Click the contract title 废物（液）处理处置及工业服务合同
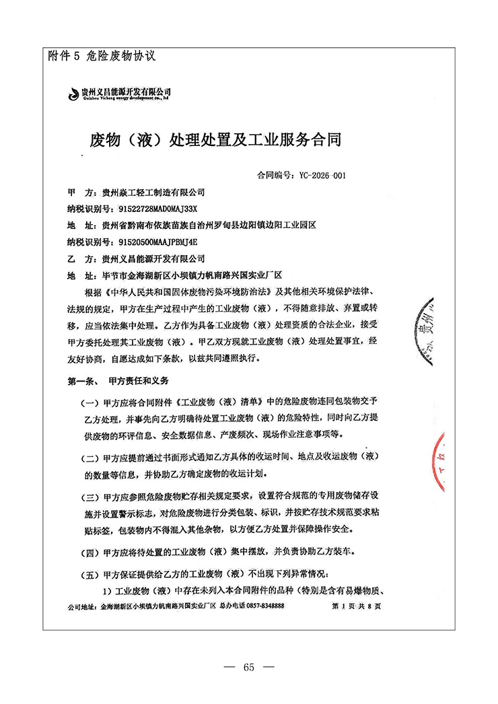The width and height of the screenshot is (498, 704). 215,141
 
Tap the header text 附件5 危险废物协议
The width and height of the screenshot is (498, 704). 102,57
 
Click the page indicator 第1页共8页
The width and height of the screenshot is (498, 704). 357,606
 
